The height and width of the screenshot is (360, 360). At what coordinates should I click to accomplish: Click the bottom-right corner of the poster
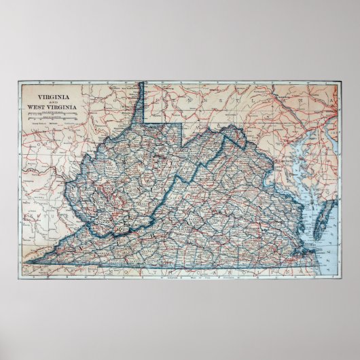tap(342, 283)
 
